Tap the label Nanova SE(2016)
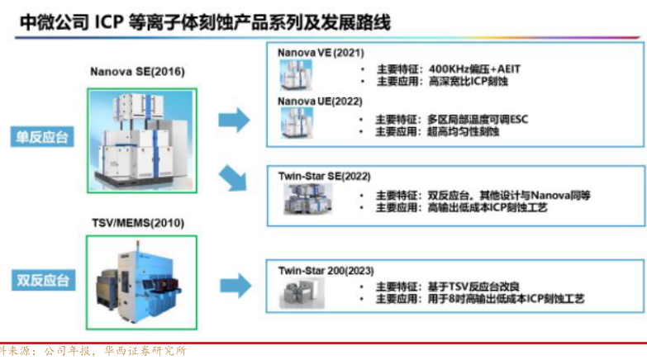pyautogui.click(x=137, y=72)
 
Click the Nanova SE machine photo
pyautogui.click(x=141, y=140)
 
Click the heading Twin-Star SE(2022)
pyautogui.click(x=318, y=177)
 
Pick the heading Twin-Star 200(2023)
pyautogui.click(x=321, y=270)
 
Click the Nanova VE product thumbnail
pyautogui.click(x=296, y=75)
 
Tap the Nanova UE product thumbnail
pyautogui.click(x=296, y=122)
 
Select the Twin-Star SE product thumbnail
pyautogui.click(x=306, y=199)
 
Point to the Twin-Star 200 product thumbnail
pyautogui.click(x=299, y=291)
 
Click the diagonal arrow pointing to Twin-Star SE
pyautogui.click(x=234, y=178)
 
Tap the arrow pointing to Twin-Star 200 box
pyautogui.click(x=234, y=282)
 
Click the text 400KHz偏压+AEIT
pyautogui.click(x=477, y=69)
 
